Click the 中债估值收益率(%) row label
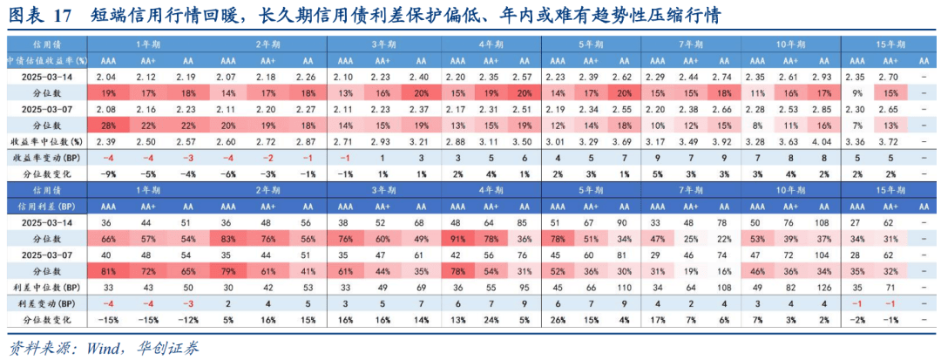pos(44,61)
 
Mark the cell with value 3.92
pos(720,141)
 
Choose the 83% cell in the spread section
pos(228,238)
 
